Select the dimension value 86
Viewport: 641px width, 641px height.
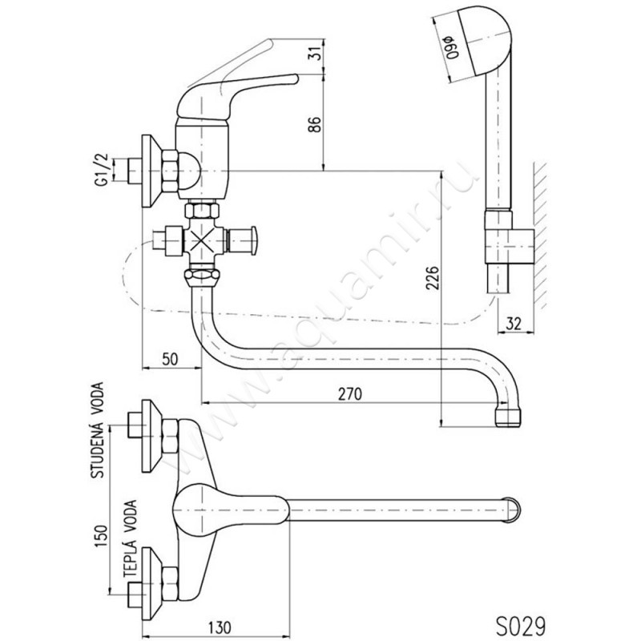click(315, 124)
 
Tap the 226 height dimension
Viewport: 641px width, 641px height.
click(432, 278)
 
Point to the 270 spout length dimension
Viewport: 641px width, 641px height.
click(350, 394)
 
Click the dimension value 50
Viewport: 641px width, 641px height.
click(170, 359)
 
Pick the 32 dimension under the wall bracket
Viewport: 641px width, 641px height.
click(514, 324)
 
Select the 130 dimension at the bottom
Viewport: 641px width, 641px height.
click(220, 627)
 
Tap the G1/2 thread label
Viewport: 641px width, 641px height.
click(101, 170)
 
